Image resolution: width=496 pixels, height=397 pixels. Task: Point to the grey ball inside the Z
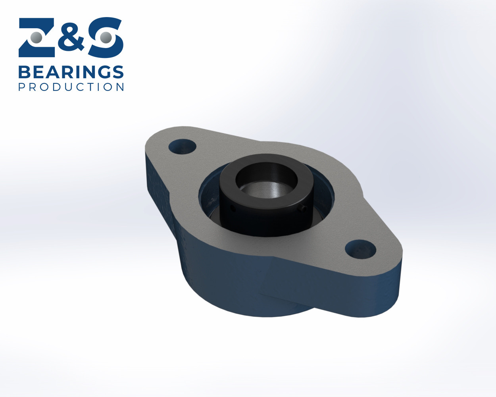[x=37, y=38]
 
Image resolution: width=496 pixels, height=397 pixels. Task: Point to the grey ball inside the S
[x=106, y=38]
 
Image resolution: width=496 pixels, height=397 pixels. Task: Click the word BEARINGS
[x=71, y=72]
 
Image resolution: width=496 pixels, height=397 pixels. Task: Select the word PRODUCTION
[x=71, y=87]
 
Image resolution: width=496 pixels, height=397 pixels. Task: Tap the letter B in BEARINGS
[x=24, y=72]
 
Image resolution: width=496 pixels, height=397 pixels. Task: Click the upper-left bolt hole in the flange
[x=182, y=146]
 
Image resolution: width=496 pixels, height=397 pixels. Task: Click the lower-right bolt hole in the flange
[x=360, y=249]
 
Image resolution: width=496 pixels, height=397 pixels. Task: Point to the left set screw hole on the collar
[x=233, y=208]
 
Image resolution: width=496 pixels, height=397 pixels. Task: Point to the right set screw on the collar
[x=304, y=208]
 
